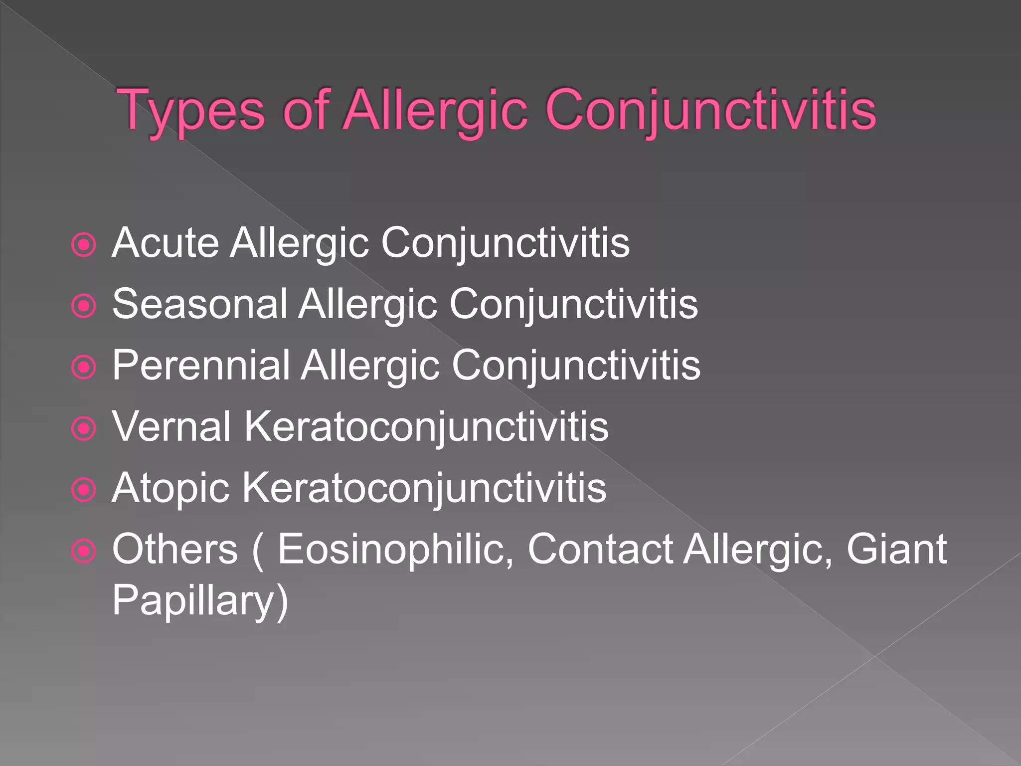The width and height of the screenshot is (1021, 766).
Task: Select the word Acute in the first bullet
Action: tap(165, 243)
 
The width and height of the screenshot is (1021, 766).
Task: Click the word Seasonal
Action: tap(200, 304)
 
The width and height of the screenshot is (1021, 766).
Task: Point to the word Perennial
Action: tap(201, 366)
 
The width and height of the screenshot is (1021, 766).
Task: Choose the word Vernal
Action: tap(171, 427)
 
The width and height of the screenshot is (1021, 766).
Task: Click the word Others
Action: tap(175, 549)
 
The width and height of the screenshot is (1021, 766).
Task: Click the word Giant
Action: tap(896, 549)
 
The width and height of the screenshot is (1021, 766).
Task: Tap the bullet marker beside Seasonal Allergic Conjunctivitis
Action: tap(83, 306)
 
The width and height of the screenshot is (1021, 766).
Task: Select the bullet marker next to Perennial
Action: tap(83, 368)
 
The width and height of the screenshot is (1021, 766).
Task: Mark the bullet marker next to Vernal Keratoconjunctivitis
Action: tap(83, 429)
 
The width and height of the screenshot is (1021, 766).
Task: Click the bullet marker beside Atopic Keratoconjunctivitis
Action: tap(83, 490)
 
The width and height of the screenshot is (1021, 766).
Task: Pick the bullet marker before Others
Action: tap(83, 552)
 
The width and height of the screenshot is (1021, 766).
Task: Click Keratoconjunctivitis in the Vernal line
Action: tap(426, 427)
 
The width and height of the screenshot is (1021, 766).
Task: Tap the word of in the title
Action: tap(305, 111)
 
